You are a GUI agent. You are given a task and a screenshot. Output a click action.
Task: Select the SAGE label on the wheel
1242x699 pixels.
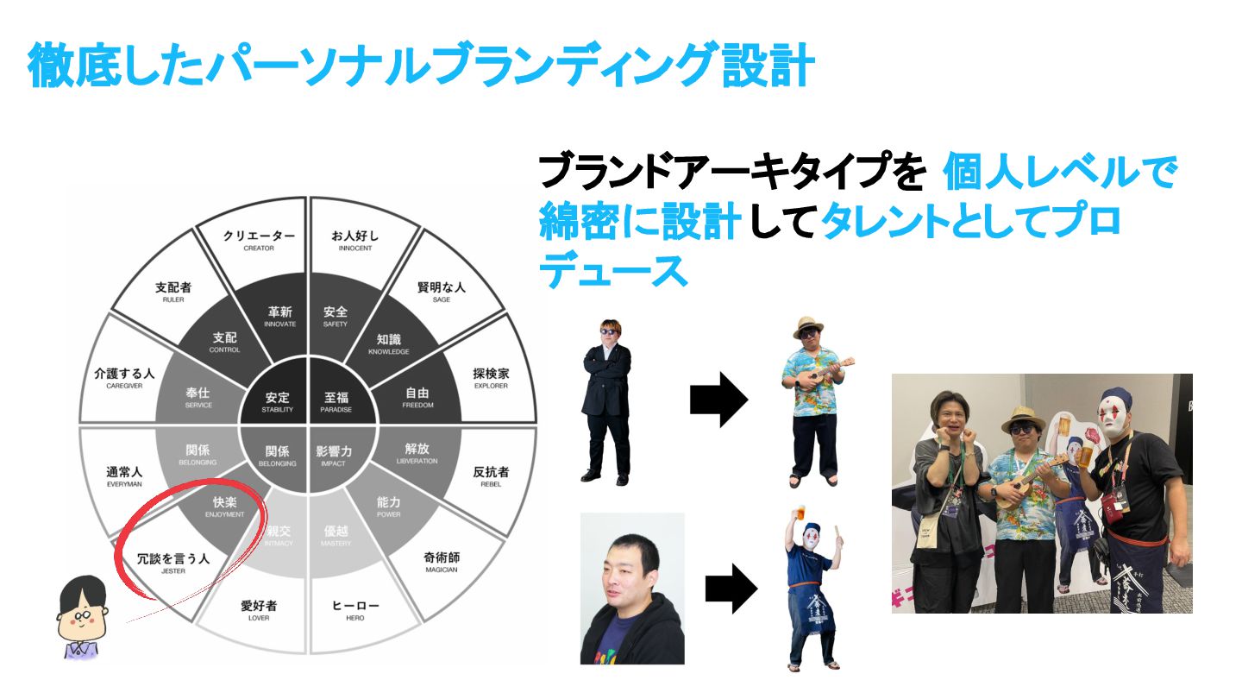point(441,292)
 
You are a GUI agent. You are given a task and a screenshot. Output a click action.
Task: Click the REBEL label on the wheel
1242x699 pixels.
point(491,476)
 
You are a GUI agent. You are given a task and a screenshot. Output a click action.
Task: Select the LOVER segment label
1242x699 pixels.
point(258,610)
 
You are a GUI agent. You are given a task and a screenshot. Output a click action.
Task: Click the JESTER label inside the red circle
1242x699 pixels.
point(173,563)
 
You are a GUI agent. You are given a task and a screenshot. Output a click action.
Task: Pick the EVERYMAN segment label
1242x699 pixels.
point(123,476)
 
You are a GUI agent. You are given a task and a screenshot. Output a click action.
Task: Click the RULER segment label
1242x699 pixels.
point(173,292)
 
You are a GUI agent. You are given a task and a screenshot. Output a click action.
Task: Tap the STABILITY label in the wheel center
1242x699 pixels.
point(277,403)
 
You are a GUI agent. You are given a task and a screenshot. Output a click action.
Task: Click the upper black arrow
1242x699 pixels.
point(718,400)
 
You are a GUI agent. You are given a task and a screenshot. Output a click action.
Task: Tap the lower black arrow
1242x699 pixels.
point(731,589)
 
